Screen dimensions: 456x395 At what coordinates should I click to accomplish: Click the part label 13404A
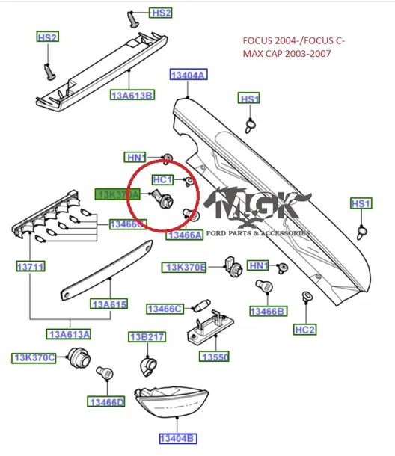[x=189, y=76]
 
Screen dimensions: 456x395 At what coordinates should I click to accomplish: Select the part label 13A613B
[x=133, y=95]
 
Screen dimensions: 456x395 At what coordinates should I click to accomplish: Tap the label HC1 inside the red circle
[x=162, y=179]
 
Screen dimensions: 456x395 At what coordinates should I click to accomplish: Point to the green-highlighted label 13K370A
[x=118, y=194]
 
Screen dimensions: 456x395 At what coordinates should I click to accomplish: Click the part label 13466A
[x=184, y=235]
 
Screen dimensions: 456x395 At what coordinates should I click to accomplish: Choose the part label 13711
[x=30, y=266]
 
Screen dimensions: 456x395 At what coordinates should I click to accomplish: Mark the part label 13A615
[x=109, y=304]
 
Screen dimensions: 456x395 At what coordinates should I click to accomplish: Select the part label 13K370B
[x=186, y=267]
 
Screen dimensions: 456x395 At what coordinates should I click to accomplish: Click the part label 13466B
[x=268, y=310]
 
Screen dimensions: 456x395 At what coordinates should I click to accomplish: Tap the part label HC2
[x=305, y=329]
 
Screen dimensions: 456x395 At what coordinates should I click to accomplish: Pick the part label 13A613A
[x=69, y=334]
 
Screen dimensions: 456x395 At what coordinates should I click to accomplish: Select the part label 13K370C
[x=34, y=358]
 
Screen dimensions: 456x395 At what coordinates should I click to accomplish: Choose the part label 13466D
[x=106, y=403]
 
